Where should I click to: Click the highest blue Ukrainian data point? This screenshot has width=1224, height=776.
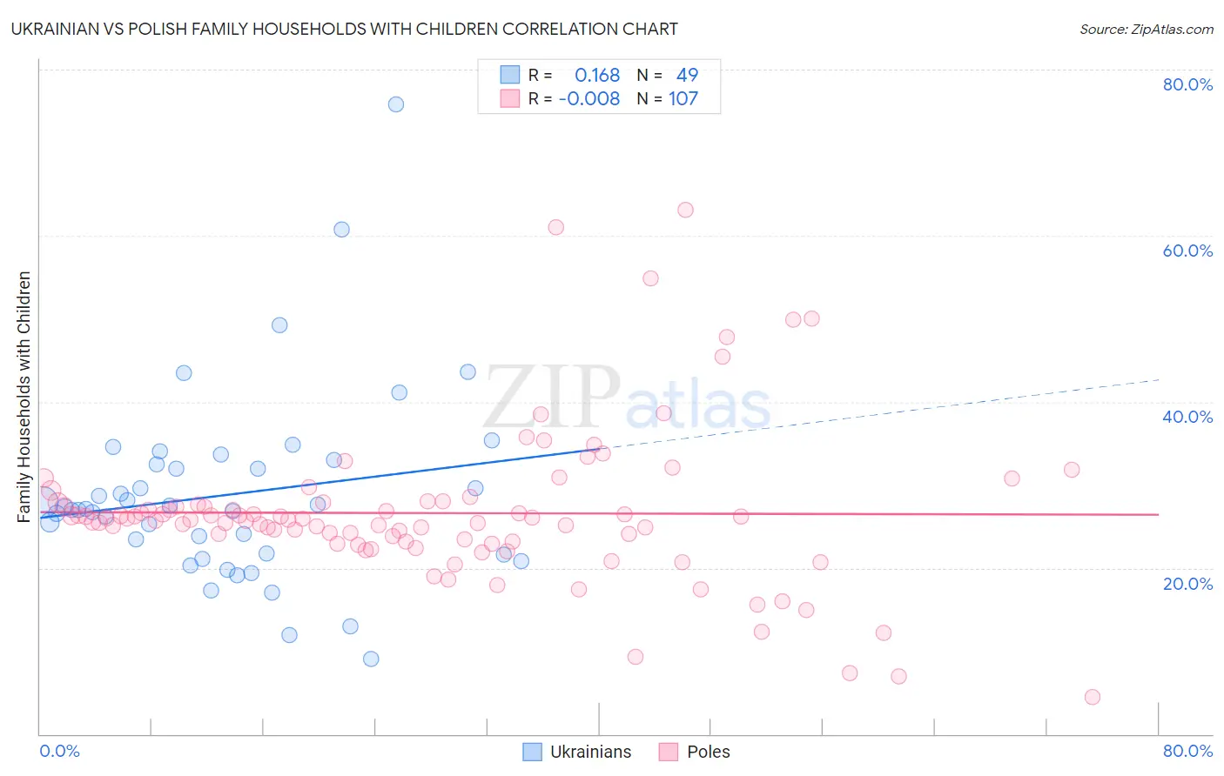396,104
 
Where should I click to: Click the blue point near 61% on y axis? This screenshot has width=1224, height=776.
341,230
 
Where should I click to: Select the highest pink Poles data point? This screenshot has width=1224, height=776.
685,210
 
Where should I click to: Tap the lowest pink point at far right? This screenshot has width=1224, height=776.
1093,697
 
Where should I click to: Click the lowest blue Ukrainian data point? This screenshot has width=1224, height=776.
371,659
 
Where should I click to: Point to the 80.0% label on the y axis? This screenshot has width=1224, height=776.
1187,84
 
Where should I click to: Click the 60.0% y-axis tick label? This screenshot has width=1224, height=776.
1187,251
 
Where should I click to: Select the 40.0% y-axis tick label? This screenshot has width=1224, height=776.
1187,417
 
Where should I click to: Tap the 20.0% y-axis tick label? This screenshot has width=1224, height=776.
1187,584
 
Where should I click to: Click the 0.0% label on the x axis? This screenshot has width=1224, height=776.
59,751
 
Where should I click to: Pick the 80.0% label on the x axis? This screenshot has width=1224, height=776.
1187,751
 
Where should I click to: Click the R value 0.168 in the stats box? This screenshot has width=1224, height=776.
597,75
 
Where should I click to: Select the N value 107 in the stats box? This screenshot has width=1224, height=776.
683,98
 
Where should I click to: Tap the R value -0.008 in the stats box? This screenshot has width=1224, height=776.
589,98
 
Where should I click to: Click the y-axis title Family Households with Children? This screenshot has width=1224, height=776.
24,397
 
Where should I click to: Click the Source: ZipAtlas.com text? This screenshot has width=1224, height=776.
1146,29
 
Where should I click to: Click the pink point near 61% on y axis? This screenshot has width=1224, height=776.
555,227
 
